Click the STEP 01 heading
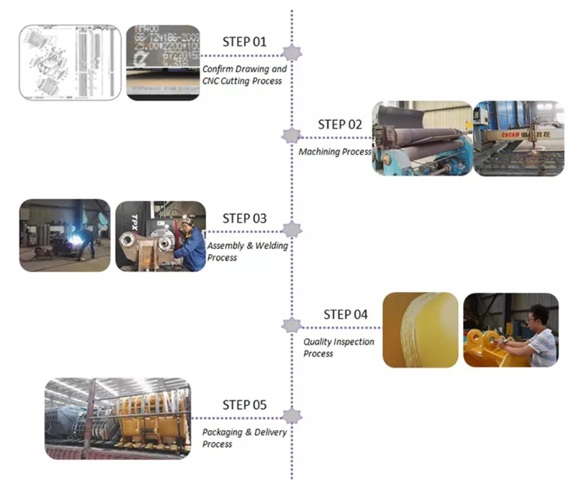pyautogui.click(x=244, y=42)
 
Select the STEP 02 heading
pyautogui.click(x=340, y=124)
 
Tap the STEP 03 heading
pyautogui.click(x=244, y=218)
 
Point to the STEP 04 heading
pyautogui.click(x=345, y=314)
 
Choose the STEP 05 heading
pyautogui.click(x=244, y=405)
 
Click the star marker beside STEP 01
pyautogui.click(x=292, y=53)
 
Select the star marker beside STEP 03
pyautogui.click(x=292, y=229)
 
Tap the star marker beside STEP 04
pyautogui.click(x=292, y=325)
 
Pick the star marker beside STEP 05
pyautogui.click(x=292, y=416)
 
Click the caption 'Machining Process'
pyautogui.click(x=335, y=152)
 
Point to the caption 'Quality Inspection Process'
pyautogui.click(x=338, y=348)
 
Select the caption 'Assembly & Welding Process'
pyautogui.click(x=247, y=251)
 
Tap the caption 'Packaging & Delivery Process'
pyautogui.click(x=244, y=437)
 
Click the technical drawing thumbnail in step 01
pyautogui.click(x=70, y=62)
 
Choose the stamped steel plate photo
pyautogui.click(x=163, y=62)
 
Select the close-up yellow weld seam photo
pyautogui.click(x=421, y=329)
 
